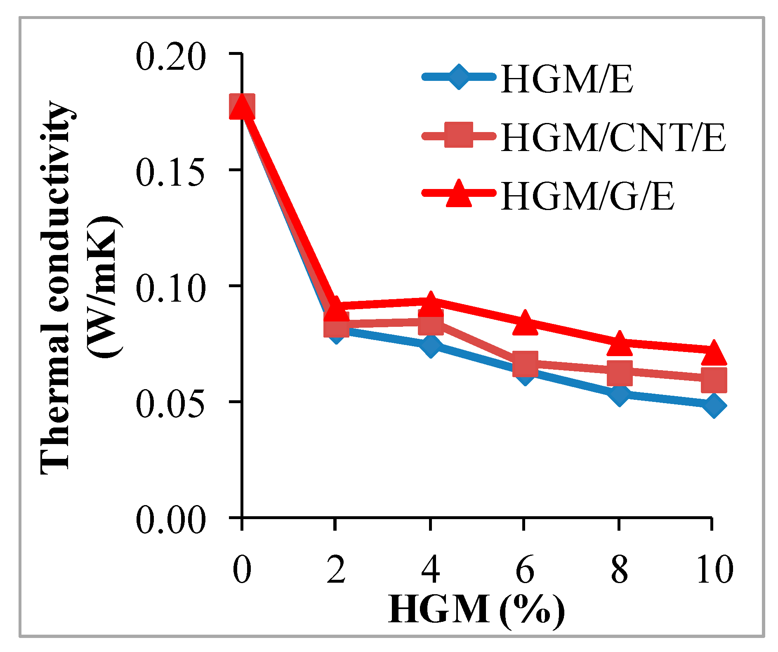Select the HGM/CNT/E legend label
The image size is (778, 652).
(613, 138)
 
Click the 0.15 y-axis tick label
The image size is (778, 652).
(170, 172)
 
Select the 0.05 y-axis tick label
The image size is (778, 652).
(170, 404)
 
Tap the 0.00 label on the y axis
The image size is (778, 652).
(170, 520)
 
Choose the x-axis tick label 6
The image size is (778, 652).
(525, 569)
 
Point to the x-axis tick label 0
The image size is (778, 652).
(242, 569)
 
